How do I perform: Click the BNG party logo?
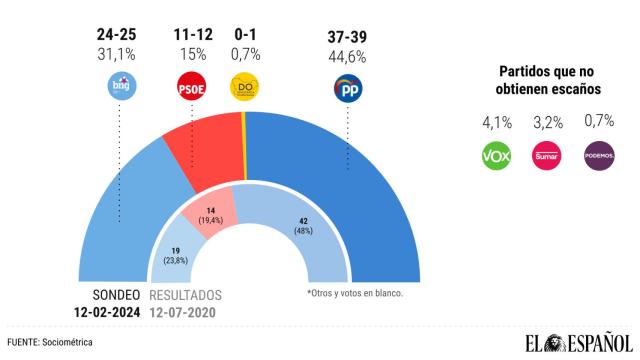121,89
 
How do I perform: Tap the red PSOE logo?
191,89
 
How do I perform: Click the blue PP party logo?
347,89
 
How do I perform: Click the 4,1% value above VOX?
497,124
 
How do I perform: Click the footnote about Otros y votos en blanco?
357,293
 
